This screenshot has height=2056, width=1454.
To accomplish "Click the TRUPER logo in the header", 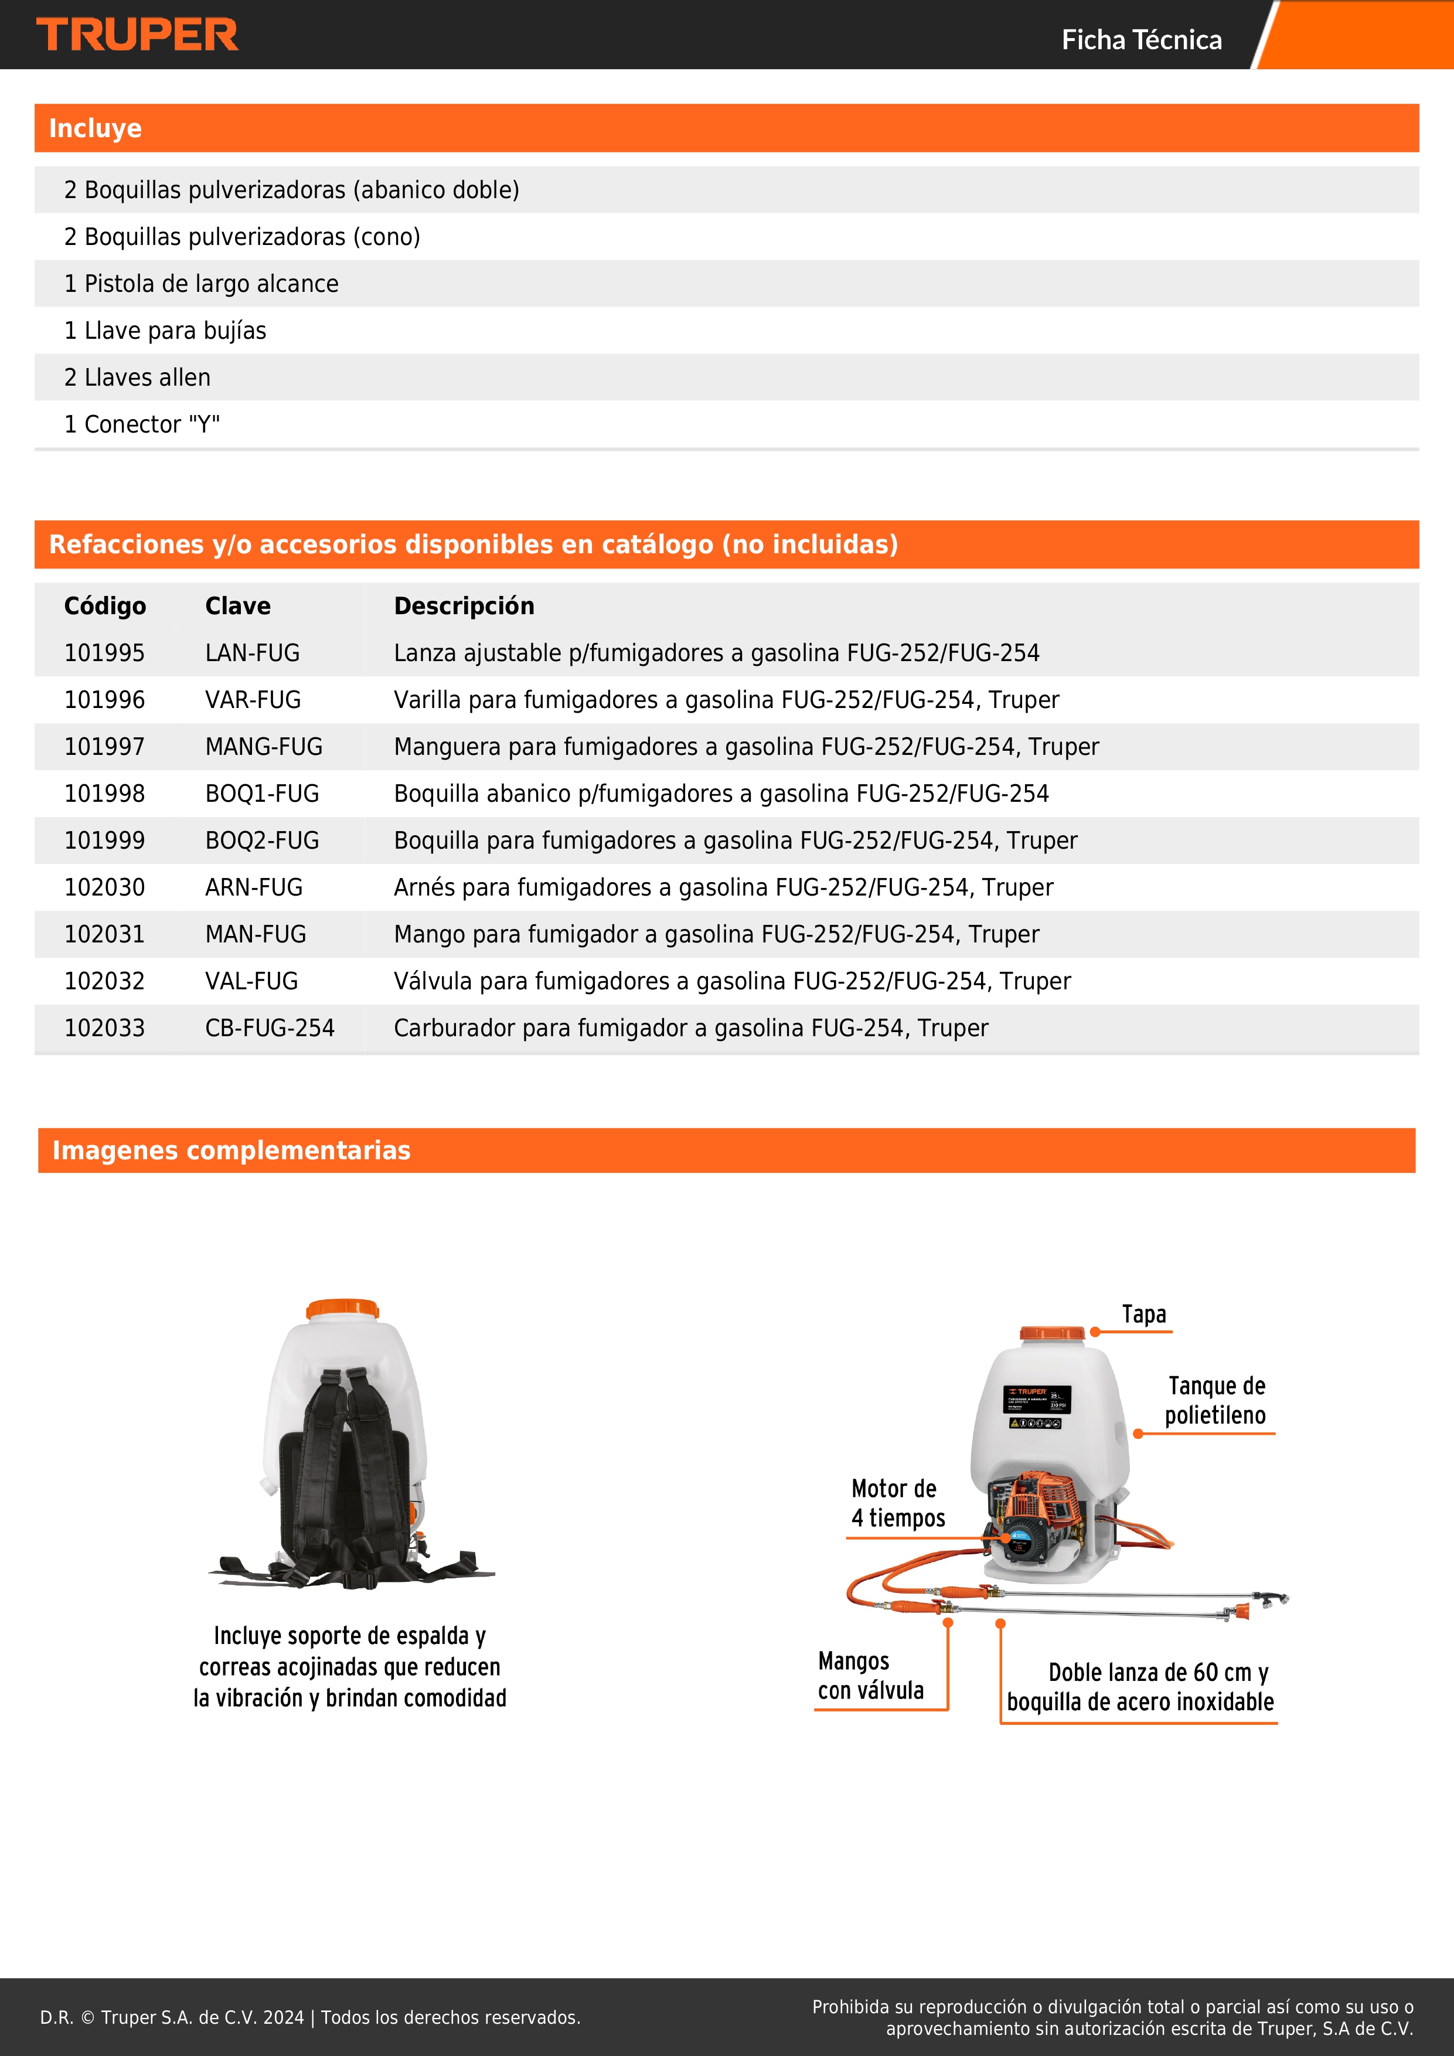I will (137, 35).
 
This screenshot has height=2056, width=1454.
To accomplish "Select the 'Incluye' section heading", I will (95, 128).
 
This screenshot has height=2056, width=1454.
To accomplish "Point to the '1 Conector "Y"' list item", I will (141, 424).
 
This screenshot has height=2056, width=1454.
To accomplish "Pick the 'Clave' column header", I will (237, 606).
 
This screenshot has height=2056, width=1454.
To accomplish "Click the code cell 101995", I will (104, 653).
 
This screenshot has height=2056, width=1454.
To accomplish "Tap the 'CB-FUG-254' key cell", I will (270, 1028).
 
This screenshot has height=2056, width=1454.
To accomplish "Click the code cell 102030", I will (104, 887).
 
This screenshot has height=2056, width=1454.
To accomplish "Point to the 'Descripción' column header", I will (464, 606).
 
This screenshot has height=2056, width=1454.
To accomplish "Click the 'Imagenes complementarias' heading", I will (231, 1150).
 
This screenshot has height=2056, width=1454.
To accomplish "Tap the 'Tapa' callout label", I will (1143, 1313).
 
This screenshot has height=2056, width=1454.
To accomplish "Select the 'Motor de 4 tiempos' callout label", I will (897, 1503).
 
